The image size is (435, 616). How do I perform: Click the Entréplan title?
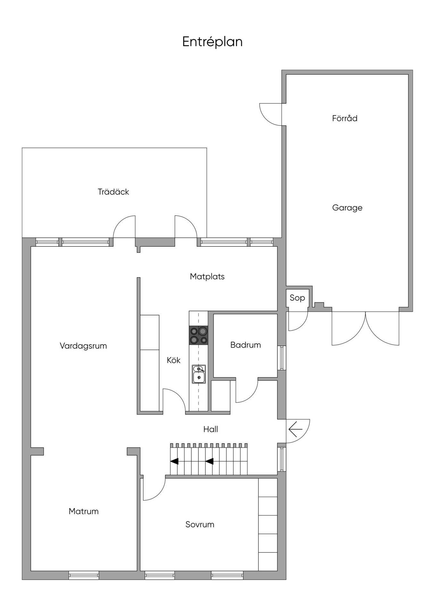coord(212,42)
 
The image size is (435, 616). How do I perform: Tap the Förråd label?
coord(345,118)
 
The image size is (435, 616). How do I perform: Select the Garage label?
coord(347,208)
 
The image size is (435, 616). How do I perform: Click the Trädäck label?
coord(113,192)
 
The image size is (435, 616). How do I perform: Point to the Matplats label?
coord(207,276)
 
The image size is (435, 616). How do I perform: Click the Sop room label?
coord(297,298)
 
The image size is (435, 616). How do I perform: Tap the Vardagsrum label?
coord(83,346)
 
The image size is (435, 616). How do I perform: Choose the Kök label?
coord(173,360)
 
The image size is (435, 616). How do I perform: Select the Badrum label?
coord(246,345)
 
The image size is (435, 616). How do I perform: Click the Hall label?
coord(211,429)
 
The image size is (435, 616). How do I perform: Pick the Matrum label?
coord(83,511)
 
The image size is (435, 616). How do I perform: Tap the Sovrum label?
coord(200,524)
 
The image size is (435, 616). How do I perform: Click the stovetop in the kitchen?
coord(198,335)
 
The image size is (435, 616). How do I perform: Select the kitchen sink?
coord(199,374)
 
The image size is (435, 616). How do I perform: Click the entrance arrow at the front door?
coord(295,429)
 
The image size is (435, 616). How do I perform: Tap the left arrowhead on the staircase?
coord(174,461)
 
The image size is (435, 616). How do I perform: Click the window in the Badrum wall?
coord(282,358)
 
